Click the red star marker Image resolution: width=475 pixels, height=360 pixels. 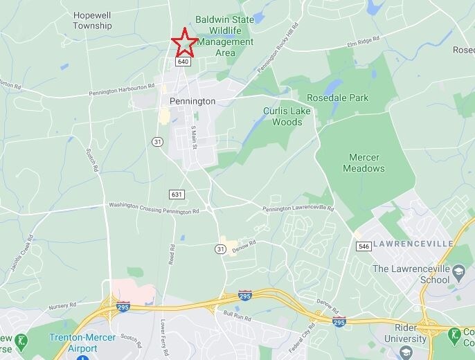click(184, 43)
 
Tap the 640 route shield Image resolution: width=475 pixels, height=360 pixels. click(183, 62)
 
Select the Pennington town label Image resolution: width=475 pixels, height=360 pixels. click(192, 101)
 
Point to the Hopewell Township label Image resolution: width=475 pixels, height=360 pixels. click(93, 20)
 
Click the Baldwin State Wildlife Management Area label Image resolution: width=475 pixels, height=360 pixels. click(224, 36)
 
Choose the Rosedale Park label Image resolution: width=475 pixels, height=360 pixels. click(338, 98)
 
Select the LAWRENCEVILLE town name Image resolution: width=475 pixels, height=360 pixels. click(413, 244)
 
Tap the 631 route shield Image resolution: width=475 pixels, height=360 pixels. click(177, 195)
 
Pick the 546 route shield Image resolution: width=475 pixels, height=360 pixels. click(364, 246)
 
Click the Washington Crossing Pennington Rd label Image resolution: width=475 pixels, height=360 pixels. click(154, 206)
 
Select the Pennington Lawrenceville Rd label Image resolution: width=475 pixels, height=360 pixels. click(298, 208)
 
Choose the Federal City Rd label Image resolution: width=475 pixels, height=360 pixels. click(300, 337)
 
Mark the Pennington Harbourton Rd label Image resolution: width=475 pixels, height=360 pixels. click(121, 90)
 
